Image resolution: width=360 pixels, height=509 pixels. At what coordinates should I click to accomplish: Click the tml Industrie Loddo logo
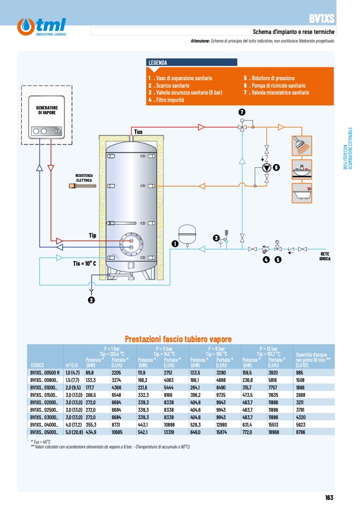click(41, 27)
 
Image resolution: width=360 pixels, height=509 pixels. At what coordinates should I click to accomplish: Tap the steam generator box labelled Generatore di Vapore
click(46, 117)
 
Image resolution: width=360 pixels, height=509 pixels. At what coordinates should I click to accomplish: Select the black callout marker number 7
click(242, 112)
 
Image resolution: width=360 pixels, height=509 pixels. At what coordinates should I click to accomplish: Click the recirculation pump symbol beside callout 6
click(266, 167)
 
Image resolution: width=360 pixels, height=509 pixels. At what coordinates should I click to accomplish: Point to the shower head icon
click(302, 146)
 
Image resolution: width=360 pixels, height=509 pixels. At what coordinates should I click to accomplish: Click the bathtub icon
click(302, 193)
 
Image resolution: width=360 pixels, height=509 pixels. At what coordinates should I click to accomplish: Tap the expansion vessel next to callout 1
click(187, 234)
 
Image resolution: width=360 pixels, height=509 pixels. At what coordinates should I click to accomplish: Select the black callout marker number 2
click(91, 300)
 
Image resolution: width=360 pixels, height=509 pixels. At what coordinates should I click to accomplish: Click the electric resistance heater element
click(82, 186)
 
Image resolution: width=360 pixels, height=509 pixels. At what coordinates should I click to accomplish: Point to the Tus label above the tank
click(138, 131)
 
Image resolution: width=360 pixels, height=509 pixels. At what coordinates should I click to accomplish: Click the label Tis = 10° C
click(85, 263)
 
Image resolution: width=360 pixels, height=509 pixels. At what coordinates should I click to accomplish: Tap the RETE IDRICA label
click(325, 257)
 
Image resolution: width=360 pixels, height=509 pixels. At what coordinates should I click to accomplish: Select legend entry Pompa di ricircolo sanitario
click(275, 86)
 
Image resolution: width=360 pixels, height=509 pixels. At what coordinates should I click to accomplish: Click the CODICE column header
click(37, 365)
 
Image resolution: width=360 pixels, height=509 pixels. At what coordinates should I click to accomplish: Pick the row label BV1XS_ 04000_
click(44, 425)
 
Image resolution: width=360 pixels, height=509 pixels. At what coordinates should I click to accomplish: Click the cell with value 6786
click(300, 432)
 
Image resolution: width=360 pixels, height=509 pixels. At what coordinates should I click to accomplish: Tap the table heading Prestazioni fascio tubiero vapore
click(178, 339)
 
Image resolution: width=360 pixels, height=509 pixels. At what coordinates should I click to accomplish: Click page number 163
click(329, 497)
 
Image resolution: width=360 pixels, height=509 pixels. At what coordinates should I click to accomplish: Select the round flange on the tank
click(131, 244)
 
